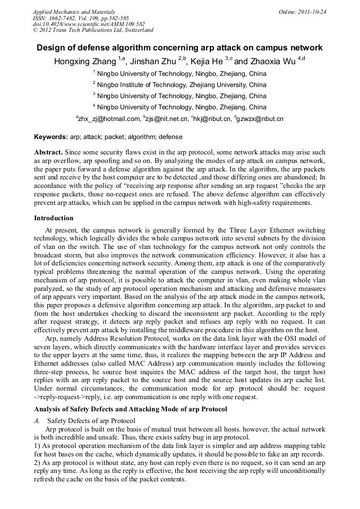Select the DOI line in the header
click(x=88, y=24)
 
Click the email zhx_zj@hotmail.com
click(x=109, y=119)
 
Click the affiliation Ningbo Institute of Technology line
click(x=182, y=85)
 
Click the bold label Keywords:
click(x=51, y=137)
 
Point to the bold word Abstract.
click(x=48, y=152)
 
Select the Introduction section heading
click(x=54, y=218)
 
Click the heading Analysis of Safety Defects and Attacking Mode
click(x=130, y=409)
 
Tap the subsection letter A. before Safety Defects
click(x=37, y=421)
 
